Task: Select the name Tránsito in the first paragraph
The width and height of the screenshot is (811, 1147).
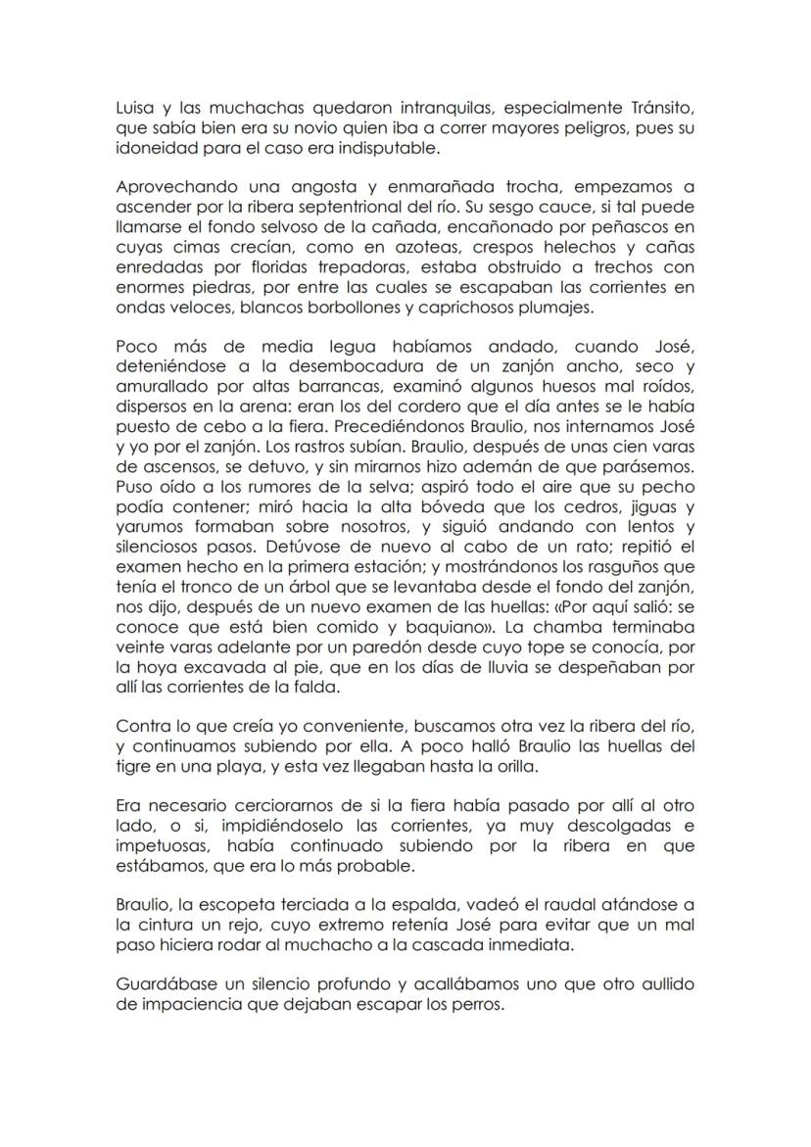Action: [x=658, y=112]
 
